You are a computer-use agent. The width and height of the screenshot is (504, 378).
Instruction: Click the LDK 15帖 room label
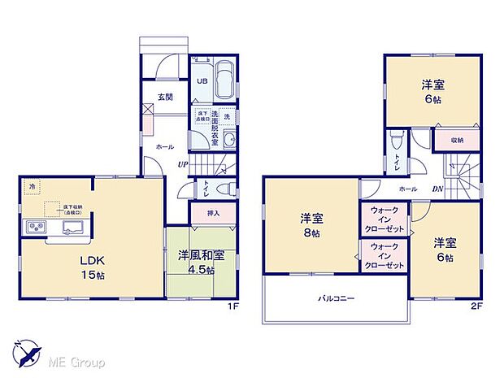click(x=91, y=268)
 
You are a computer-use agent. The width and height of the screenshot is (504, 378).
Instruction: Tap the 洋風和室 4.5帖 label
click(x=196, y=263)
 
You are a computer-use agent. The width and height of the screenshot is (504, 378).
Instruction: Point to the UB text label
click(x=200, y=81)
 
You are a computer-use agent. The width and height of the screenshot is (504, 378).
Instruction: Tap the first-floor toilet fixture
click(x=232, y=189)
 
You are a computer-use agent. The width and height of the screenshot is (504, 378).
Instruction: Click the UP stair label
click(x=185, y=164)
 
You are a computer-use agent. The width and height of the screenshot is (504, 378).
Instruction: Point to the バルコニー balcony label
click(x=336, y=298)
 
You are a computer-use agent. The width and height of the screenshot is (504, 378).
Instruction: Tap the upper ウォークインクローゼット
click(x=384, y=219)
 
